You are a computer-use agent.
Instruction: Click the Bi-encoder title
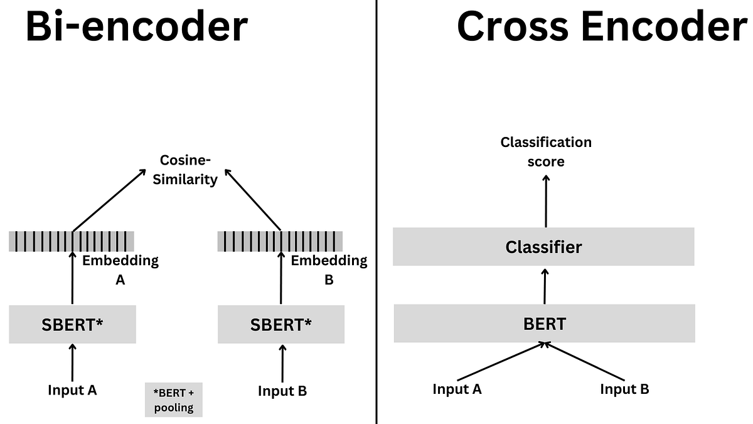(x=137, y=26)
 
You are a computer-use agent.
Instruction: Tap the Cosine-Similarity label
(x=188, y=170)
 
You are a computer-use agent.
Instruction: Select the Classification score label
(x=546, y=151)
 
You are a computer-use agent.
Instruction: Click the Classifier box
(x=543, y=247)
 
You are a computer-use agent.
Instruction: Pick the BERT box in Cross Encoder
(x=544, y=324)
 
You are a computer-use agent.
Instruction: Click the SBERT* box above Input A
(x=72, y=325)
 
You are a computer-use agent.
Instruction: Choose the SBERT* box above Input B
(x=281, y=325)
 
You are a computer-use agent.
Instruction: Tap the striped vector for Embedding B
(x=280, y=241)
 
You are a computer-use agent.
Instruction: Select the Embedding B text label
(x=329, y=269)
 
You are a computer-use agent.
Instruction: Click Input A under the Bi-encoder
(x=72, y=390)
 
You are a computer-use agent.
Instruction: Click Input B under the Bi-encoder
(x=282, y=391)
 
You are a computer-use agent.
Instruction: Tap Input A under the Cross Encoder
(x=457, y=389)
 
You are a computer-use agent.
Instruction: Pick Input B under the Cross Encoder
(x=624, y=389)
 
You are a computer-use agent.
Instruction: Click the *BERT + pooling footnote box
(x=174, y=400)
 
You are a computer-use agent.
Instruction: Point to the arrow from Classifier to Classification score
(x=546, y=201)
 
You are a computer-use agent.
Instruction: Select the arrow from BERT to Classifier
(x=545, y=286)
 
